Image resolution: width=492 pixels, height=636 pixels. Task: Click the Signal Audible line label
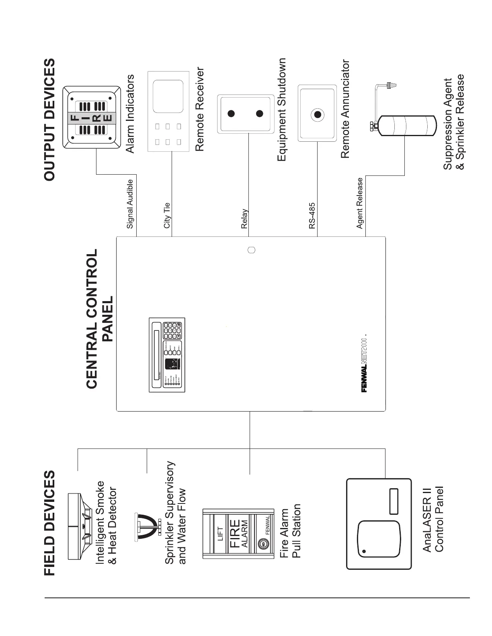click(x=130, y=204)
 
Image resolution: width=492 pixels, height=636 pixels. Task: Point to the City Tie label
click(x=167, y=216)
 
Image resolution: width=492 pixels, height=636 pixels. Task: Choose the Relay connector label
click(x=244, y=219)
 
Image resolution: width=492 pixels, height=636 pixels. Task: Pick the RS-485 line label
click(x=312, y=216)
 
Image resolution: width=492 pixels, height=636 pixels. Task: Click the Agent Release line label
click(x=360, y=203)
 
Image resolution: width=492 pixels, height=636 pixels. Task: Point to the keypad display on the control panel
click(x=167, y=356)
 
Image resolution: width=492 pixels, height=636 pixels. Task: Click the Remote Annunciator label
click(x=345, y=109)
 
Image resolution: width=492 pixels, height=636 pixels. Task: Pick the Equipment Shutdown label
click(x=282, y=110)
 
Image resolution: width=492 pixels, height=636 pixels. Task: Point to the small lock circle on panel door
click(x=252, y=250)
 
